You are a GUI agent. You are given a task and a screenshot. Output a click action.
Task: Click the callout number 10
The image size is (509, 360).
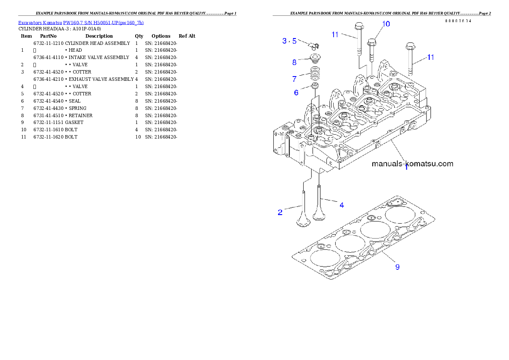click(386, 24)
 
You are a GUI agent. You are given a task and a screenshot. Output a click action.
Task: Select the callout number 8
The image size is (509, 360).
click(294, 62)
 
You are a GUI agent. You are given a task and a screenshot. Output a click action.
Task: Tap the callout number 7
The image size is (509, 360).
click(294, 79)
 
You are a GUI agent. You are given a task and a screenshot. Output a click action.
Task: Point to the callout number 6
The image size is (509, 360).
click(296, 92)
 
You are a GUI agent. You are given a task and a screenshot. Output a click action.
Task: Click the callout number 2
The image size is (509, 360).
click(280, 212)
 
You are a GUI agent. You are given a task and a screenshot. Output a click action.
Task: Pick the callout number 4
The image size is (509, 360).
click(342, 205)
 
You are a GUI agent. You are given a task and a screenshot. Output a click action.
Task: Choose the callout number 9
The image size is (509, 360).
click(397, 267)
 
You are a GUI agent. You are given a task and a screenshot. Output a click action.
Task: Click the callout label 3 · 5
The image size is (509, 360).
click(290, 41)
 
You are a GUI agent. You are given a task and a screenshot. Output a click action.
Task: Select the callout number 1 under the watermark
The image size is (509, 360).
click(406, 168)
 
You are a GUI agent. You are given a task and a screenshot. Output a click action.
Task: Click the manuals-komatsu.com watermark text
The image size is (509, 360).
click(412, 163)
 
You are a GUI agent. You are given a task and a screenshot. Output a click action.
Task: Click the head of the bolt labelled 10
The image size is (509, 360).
click(371, 42)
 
